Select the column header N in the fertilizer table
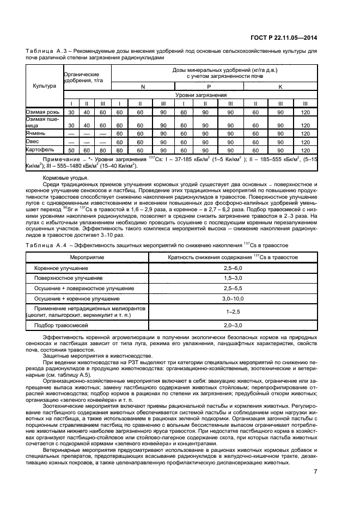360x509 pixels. tap(143, 87)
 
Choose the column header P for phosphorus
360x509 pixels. tap(208, 87)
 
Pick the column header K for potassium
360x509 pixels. tap(280, 87)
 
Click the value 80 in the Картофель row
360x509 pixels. tap(102, 150)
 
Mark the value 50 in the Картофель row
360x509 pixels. tap(71, 150)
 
